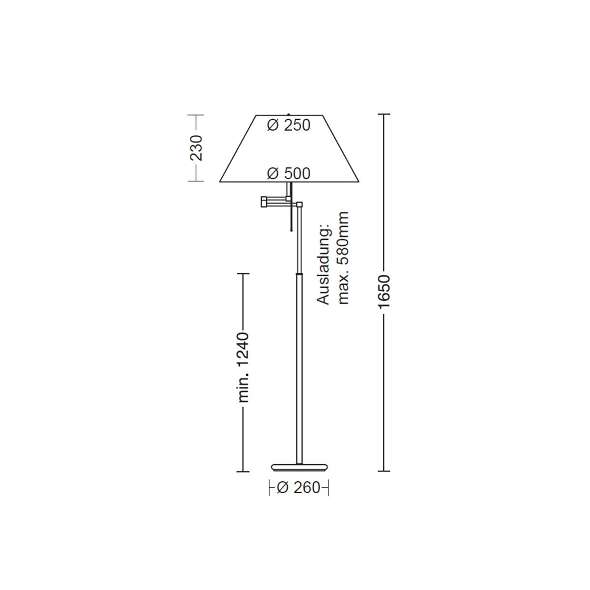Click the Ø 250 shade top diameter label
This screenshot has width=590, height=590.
click(289, 125)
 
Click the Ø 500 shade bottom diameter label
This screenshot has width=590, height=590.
click(289, 173)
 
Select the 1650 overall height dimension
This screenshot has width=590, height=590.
click(384, 292)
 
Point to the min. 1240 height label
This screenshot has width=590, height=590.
click(244, 367)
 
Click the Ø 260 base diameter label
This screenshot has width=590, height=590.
click(298, 487)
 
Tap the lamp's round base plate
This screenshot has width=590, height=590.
click(299, 475)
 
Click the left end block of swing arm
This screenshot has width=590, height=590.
click(264, 202)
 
